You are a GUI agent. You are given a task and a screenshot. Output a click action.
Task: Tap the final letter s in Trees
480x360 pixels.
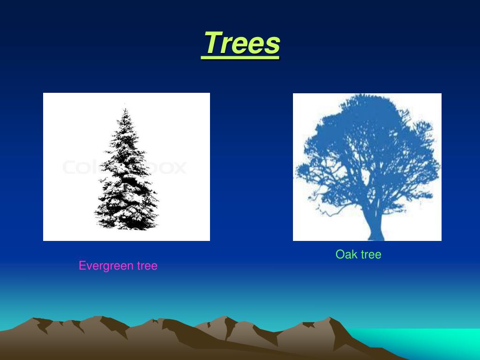(273, 45)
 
